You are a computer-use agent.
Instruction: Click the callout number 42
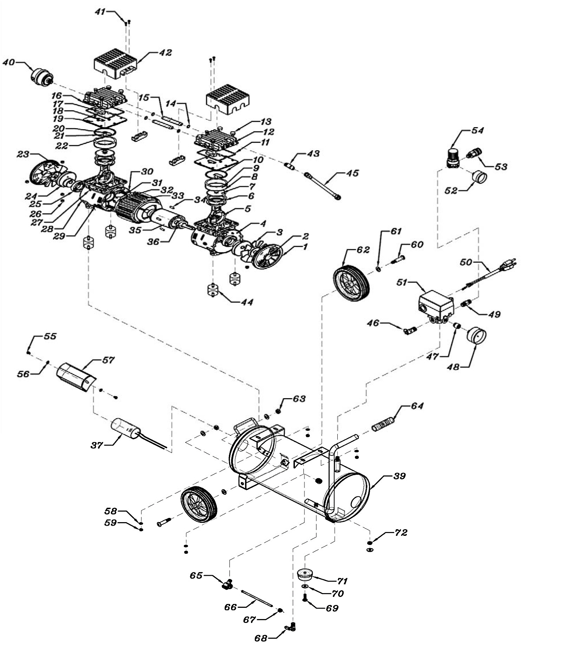[x=165, y=53]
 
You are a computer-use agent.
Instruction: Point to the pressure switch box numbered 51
[x=436, y=303]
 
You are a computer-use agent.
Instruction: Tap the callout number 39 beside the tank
[x=399, y=476]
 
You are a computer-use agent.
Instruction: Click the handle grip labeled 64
[x=383, y=424]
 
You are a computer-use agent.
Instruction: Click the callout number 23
[x=23, y=155]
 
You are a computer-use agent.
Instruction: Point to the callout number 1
[x=305, y=247]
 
